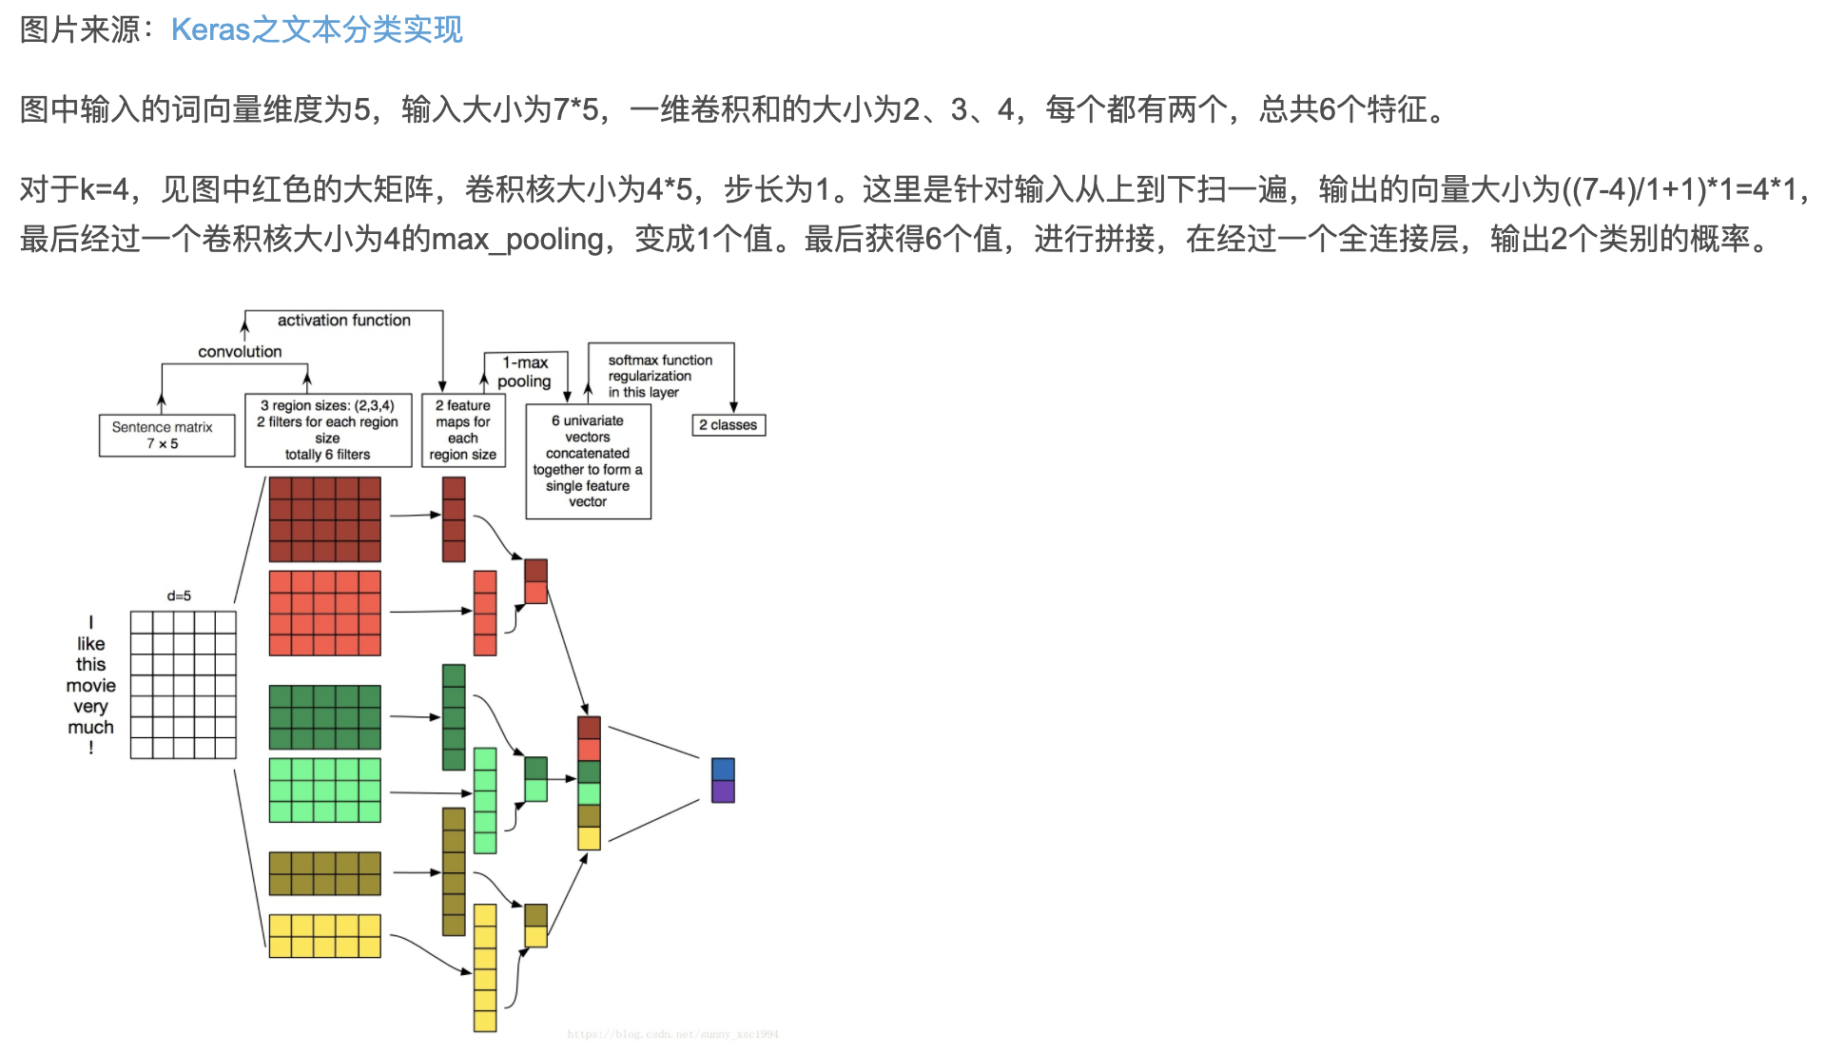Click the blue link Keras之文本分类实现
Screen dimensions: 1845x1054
317,29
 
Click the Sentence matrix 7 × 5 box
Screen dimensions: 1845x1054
166,436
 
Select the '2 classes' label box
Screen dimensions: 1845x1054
728,425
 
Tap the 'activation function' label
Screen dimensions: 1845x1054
343,321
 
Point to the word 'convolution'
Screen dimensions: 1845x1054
240,352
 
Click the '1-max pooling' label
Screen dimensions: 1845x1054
524,372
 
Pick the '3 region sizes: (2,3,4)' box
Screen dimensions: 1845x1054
328,430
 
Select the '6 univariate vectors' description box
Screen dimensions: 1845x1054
588,461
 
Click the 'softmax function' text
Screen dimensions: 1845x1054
660,361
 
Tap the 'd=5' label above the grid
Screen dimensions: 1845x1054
179,596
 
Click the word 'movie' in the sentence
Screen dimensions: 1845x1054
91,686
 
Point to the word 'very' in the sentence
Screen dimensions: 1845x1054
90,707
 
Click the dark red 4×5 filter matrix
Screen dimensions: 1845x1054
324,519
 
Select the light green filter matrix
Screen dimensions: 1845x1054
324,790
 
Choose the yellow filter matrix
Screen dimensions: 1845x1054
324,936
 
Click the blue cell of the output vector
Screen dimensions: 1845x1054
723,769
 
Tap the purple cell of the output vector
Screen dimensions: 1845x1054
723,791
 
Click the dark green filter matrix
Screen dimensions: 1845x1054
324,717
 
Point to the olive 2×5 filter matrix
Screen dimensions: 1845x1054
324,873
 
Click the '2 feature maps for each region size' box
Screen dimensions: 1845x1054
463,430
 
